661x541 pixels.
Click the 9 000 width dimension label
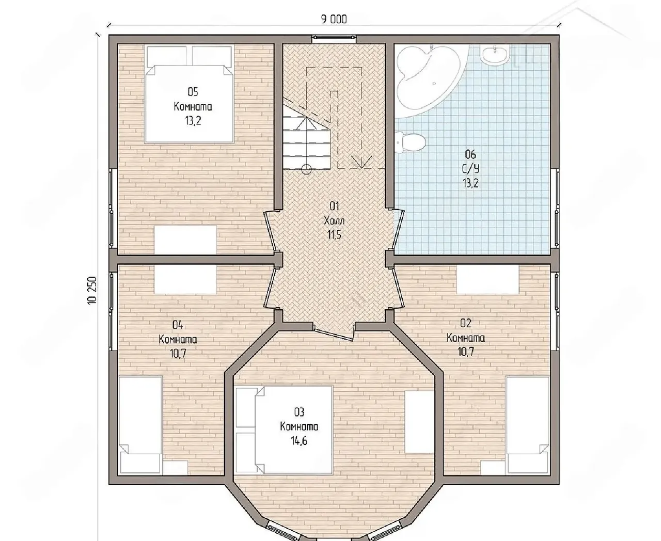[x=334, y=20]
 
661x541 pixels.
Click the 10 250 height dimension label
[x=92, y=290]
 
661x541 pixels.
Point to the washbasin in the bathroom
[x=494, y=54]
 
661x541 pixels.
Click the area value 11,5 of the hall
[x=335, y=235]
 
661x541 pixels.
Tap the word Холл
[x=335, y=221]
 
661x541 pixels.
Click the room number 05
[x=193, y=92]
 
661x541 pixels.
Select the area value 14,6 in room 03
[x=298, y=441]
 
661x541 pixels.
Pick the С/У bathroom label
[x=470, y=169]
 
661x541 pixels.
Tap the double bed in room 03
[x=284, y=430]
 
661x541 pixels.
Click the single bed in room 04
[x=140, y=425]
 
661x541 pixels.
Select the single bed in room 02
[x=528, y=425]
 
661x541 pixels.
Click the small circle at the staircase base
[x=306, y=169]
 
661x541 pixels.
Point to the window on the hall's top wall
[x=334, y=38]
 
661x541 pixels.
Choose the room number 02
[x=465, y=323]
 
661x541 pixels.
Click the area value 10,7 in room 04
[x=178, y=354]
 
